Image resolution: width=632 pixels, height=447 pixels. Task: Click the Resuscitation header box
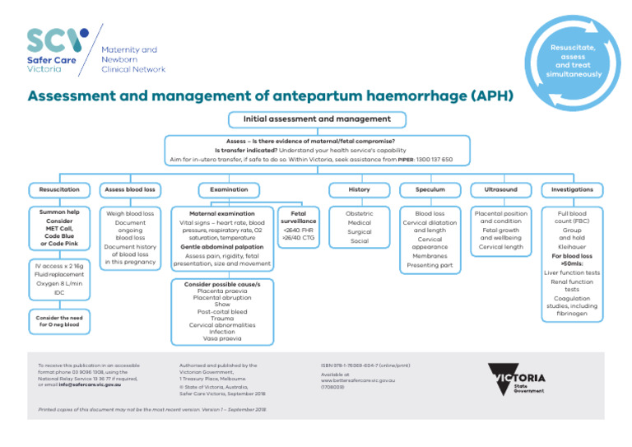[x=59, y=189]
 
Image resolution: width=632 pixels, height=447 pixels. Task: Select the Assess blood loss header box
[x=129, y=189]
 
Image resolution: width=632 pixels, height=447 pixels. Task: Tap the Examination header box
[x=222, y=189]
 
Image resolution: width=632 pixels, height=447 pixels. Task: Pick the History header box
[x=359, y=189]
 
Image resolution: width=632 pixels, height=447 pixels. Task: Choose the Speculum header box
[x=430, y=189]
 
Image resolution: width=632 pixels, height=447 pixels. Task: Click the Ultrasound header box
[x=500, y=189]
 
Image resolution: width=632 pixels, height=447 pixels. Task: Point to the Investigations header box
[x=572, y=189]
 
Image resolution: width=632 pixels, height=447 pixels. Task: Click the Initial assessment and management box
[x=317, y=119]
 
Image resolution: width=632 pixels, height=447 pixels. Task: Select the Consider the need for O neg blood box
[x=59, y=321]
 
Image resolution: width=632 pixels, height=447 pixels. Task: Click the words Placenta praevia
[x=222, y=291]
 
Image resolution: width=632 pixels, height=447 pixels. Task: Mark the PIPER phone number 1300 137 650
[x=435, y=159]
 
